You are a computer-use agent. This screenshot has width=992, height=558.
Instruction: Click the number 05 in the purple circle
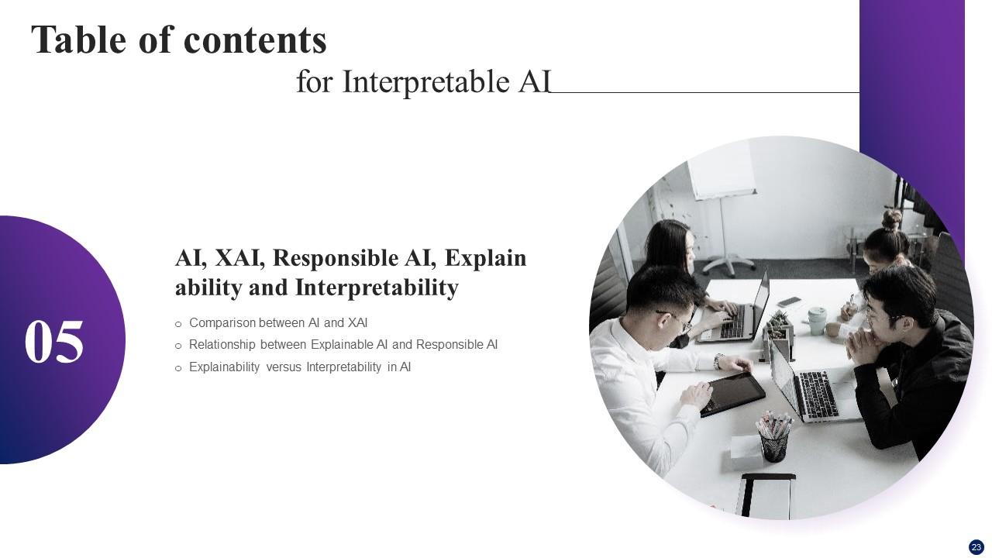(x=54, y=343)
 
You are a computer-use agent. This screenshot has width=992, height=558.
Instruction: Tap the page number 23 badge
(x=976, y=547)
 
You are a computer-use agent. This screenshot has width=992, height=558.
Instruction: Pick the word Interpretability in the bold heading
(x=377, y=288)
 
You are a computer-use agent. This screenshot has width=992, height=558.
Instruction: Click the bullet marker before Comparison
(x=178, y=324)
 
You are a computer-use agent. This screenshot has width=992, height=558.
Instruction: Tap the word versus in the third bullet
(x=283, y=367)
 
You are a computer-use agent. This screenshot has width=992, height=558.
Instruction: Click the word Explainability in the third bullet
(x=224, y=367)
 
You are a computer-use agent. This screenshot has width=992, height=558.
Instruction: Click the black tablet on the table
(x=732, y=394)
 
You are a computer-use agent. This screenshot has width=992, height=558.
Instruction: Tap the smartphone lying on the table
(x=789, y=301)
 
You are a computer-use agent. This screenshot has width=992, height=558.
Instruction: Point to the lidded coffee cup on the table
(x=817, y=319)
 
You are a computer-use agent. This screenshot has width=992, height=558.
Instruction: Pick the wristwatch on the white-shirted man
(x=719, y=361)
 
